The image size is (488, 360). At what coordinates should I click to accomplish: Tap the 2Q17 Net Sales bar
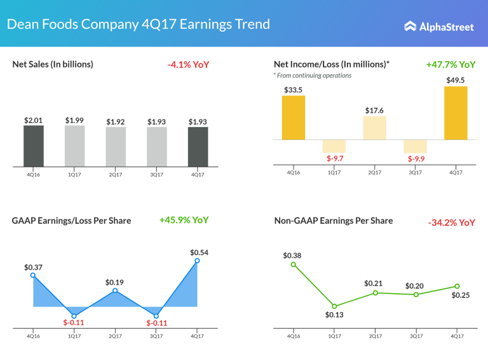(116, 147)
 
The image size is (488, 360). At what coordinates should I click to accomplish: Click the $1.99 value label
(74, 120)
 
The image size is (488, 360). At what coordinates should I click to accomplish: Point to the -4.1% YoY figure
(188, 65)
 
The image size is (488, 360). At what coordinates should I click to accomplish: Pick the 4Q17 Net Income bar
(456, 113)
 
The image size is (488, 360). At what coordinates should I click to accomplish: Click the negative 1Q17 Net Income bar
(334, 146)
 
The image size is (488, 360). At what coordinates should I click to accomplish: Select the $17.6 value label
(374, 110)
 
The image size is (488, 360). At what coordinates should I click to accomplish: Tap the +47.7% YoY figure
(451, 65)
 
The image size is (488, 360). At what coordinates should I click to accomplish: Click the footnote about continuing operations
(312, 76)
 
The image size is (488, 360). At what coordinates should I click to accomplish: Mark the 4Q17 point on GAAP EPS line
(197, 261)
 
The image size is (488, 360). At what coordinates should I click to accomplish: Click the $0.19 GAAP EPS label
(115, 282)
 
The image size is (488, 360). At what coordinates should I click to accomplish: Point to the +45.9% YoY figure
(184, 220)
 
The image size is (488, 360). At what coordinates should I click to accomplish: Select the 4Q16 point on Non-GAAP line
(293, 265)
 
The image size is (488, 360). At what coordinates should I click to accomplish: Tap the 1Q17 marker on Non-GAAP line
(334, 306)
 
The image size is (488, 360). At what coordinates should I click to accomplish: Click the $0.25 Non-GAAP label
(461, 295)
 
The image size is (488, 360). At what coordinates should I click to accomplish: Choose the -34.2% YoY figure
(451, 223)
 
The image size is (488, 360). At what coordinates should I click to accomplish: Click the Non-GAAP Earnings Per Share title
(333, 221)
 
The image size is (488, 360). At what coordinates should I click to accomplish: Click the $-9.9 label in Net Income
(416, 158)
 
